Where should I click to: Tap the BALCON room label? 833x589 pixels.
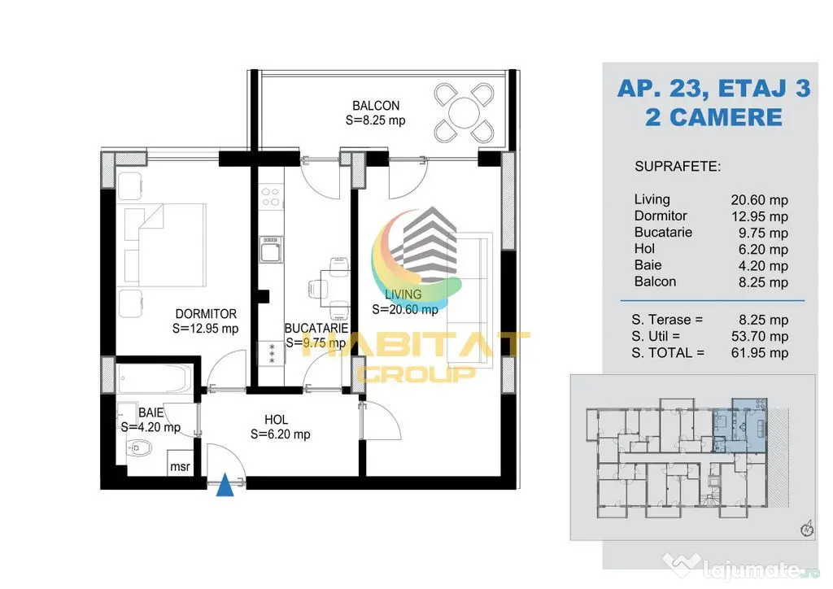pyautogui.click(x=376, y=106)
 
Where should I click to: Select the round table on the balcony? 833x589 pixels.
pyautogui.click(x=464, y=112)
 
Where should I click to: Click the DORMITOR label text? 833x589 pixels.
pyautogui.click(x=206, y=314)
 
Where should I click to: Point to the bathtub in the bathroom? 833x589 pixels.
pyautogui.click(x=154, y=377)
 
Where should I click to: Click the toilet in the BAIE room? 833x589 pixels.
pyautogui.click(x=139, y=449)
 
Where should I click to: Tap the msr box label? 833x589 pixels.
pyautogui.click(x=180, y=467)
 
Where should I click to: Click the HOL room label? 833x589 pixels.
pyautogui.click(x=277, y=420)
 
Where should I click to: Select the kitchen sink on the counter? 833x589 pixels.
pyautogui.click(x=271, y=249)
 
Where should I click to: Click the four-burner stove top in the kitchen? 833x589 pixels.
pyautogui.click(x=271, y=197)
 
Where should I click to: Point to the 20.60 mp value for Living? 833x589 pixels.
pyautogui.click(x=759, y=200)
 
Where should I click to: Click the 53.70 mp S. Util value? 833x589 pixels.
pyautogui.click(x=760, y=336)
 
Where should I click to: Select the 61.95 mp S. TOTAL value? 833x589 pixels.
pyautogui.click(x=760, y=352)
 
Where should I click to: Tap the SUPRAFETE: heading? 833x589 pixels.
pyautogui.click(x=678, y=167)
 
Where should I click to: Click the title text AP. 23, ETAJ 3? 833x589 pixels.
pyautogui.click(x=714, y=88)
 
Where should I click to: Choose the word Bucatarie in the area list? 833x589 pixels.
pyautogui.click(x=663, y=232)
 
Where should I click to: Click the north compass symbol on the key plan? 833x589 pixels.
pyautogui.click(x=807, y=529)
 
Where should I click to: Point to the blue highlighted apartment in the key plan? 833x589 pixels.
pyautogui.click(x=739, y=425)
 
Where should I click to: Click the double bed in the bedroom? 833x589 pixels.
pyautogui.click(x=165, y=245)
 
